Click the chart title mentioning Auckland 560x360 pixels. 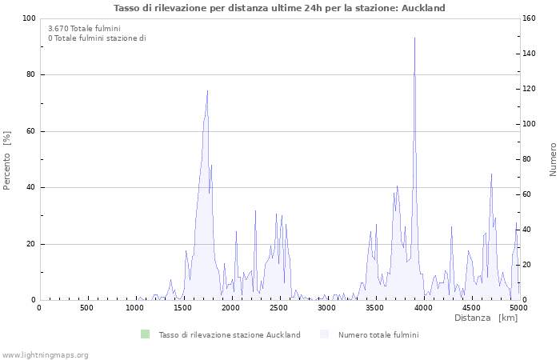point(280,8)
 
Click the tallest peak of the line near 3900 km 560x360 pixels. point(414,38)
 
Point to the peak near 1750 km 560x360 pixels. point(207,90)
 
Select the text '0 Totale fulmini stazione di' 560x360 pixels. point(97,38)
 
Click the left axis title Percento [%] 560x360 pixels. point(8,160)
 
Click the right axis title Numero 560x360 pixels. point(552,160)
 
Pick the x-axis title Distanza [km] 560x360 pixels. point(486,318)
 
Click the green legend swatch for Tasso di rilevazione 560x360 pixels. point(145,334)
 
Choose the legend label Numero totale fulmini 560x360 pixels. point(378,334)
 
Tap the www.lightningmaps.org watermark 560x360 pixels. point(46,354)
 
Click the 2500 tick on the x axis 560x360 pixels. point(278,307)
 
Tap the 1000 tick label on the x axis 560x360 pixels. point(134,307)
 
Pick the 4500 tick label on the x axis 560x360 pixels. point(470,307)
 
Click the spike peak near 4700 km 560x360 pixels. point(491,174)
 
